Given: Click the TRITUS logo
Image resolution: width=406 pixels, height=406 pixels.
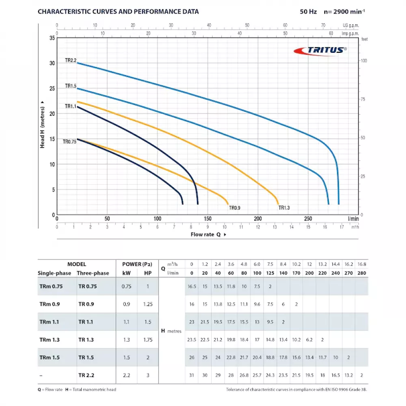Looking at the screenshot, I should coord(321,50).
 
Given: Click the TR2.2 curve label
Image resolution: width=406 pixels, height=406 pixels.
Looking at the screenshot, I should coord(71,60).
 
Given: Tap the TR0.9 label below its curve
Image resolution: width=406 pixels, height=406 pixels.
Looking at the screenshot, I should coord(235,208).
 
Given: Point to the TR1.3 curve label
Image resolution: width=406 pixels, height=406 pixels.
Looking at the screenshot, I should coord(284,208).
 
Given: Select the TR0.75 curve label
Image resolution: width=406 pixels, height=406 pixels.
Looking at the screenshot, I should coord(69,142).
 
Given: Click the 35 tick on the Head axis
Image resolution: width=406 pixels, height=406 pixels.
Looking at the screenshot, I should coord(51,38).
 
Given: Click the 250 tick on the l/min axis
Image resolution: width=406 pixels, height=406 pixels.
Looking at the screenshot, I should coord(308,218).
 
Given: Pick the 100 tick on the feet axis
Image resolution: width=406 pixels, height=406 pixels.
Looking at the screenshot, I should coord(364,60).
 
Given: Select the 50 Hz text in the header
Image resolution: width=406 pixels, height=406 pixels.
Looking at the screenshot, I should coord(308,11).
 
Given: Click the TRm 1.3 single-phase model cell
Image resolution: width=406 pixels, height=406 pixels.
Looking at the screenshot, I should coord(49,340).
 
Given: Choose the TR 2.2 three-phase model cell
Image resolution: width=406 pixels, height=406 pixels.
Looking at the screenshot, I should coord(86,376).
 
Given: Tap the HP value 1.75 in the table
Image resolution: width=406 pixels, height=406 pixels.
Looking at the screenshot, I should coord(148,340).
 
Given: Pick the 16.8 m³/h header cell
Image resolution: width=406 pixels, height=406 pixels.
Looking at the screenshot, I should coord(362,264).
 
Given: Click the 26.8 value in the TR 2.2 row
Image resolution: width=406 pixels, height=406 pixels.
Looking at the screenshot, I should coord(244,376).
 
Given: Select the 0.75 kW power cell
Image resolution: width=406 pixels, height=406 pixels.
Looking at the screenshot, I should coord(127,286).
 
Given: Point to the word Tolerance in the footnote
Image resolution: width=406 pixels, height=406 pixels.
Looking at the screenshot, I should coord(237,390).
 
